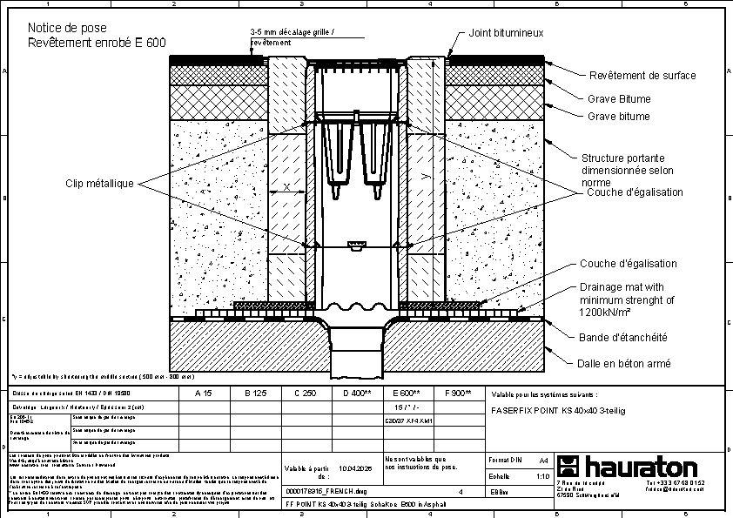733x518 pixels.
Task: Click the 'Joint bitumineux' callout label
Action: click(x=506, y=33)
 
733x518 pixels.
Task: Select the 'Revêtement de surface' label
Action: click(x=642, y=76)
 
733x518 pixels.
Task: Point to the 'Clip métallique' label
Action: click(x=99, y=184)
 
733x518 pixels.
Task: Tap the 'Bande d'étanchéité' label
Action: click(x=623, y=338)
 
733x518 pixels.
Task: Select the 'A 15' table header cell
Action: click(x=204, y=394)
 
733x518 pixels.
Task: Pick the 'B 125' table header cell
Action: click(x=254, y=394)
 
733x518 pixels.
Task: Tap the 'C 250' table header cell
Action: click(x=305, y=394)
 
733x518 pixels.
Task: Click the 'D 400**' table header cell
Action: click(x=356, y=394)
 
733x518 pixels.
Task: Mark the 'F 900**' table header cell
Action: click(x=457, y=394)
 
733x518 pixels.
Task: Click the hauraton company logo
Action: click(x=627, y=466)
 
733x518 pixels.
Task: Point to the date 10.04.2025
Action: click(x=356, y=468)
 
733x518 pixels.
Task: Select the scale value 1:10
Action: click(x=541, y=477)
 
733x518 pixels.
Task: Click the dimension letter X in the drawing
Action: click(x=286, y=187)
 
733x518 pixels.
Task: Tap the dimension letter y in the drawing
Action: click(x=424, y=176)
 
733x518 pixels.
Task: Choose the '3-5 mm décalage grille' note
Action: click(x=292, y=36)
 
